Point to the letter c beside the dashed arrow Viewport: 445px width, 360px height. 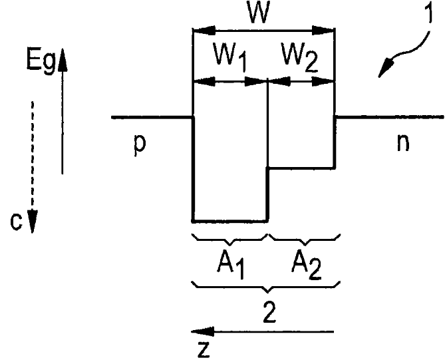pyautogui.click(x=16, y=221)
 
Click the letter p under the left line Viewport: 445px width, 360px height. pyautogui.click(x=140, y=144)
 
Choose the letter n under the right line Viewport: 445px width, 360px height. pyautogui.click(x=403, y=142)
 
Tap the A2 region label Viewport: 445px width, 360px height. pyautogui.click(x=306, y=265)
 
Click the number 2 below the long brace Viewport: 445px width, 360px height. pyautogui.click(x=269, y=312)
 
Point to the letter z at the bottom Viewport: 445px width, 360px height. pyautogui.click(x=204, y=349)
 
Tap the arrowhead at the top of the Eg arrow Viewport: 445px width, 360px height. pyautogui.click(x=63, y=60)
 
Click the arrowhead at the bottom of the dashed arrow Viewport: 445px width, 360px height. pyautogui.click(x=33, y=222)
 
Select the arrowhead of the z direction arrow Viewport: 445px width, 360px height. pyautogui.click(x=203, y=331)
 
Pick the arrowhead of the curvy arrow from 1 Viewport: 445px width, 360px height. pyautogui.click(x=385, y=67)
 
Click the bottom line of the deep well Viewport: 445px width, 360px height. pyautogui.click(x=230, y=221)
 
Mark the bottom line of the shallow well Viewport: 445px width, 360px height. pyautogui.click(x=302, y=168)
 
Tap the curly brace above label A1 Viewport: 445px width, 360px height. pyautogui.click(x=230, y=240)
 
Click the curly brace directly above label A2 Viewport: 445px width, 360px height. pyautogui.click(x=304, y=240)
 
